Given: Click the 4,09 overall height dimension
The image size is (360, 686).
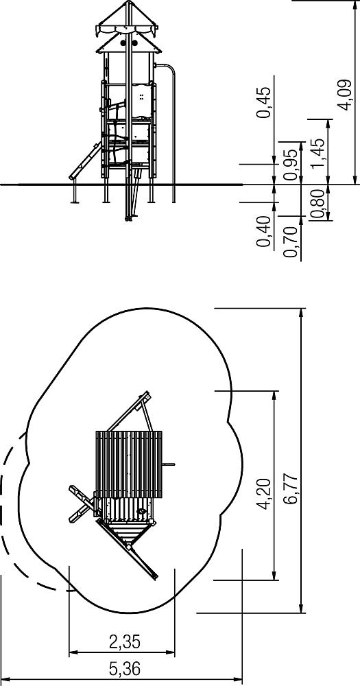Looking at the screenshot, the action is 346,95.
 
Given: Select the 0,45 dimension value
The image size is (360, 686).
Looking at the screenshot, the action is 264,102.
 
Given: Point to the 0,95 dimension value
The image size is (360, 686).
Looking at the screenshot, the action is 290,165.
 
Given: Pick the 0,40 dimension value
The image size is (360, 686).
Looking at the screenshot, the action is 264,231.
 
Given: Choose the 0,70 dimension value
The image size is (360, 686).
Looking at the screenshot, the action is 290,242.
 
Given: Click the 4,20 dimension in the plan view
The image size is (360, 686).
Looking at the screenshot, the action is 264,494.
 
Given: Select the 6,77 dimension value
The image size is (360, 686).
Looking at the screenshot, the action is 290,489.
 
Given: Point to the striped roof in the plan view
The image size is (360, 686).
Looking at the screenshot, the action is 129,464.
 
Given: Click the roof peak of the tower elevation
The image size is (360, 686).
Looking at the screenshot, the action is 129,3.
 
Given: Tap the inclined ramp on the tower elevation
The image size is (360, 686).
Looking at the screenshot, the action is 85,161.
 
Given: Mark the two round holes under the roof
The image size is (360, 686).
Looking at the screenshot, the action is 129,43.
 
